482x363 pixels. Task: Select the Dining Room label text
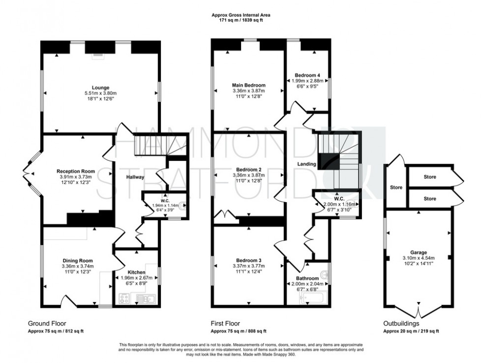coord(78,261)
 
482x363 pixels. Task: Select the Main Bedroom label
coord(248,85)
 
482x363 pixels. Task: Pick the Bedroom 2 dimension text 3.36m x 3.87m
coord(248,175)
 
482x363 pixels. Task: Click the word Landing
coord(306,164)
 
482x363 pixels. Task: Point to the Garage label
coord(419,251)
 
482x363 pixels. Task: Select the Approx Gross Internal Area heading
coord(241,15)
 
